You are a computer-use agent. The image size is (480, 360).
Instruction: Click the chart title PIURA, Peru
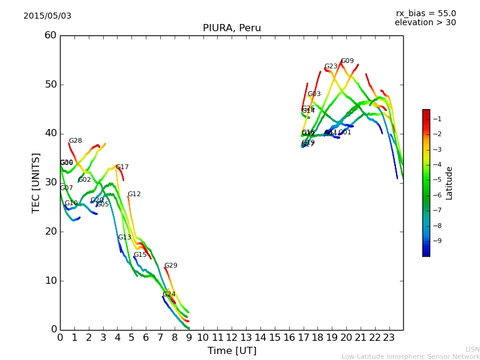232,28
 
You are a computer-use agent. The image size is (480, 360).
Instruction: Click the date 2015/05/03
47,16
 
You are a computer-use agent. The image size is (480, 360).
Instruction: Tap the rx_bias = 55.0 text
425,13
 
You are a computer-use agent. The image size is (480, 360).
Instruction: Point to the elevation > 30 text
425,23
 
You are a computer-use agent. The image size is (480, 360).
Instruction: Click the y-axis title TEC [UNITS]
36,182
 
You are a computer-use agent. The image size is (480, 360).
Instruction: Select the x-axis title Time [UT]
232,350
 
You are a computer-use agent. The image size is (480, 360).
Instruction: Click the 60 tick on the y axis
50,35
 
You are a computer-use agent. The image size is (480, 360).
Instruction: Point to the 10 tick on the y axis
50,280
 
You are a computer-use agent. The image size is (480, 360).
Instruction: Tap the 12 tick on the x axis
232,338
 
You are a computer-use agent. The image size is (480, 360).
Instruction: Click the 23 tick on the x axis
389,338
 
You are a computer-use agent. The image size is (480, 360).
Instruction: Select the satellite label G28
75,141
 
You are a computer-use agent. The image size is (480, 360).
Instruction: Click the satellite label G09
347,61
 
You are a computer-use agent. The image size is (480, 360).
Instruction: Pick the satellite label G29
171,266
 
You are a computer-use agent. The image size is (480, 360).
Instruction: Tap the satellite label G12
134,194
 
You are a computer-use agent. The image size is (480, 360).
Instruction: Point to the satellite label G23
331,67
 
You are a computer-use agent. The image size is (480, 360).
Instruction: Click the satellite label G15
140,255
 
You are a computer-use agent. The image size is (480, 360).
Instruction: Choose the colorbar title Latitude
449,183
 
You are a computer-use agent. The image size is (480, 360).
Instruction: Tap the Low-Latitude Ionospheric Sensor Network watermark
410,356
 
